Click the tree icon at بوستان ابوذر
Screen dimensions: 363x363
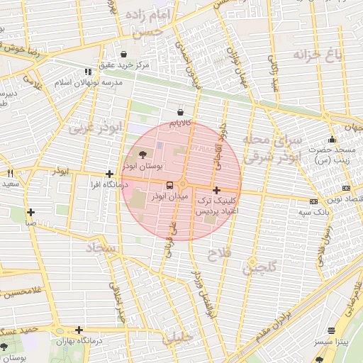[x=143, y=154]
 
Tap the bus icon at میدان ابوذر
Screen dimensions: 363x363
[x=159, y=186]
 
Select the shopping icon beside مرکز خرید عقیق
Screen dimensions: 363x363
[x=124, y=54]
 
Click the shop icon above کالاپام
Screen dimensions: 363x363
[x=180, y=112]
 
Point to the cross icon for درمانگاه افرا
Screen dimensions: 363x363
[x=109, y=174]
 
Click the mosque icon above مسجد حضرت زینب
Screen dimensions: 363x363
[x=332, y=139]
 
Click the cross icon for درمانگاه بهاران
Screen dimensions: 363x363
[x=79, y=330]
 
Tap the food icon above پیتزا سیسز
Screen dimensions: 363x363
[x=332, y=330]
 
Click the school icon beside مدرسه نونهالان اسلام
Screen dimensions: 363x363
[x=88, y=72]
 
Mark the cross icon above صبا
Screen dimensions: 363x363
[x=30, y=212]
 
